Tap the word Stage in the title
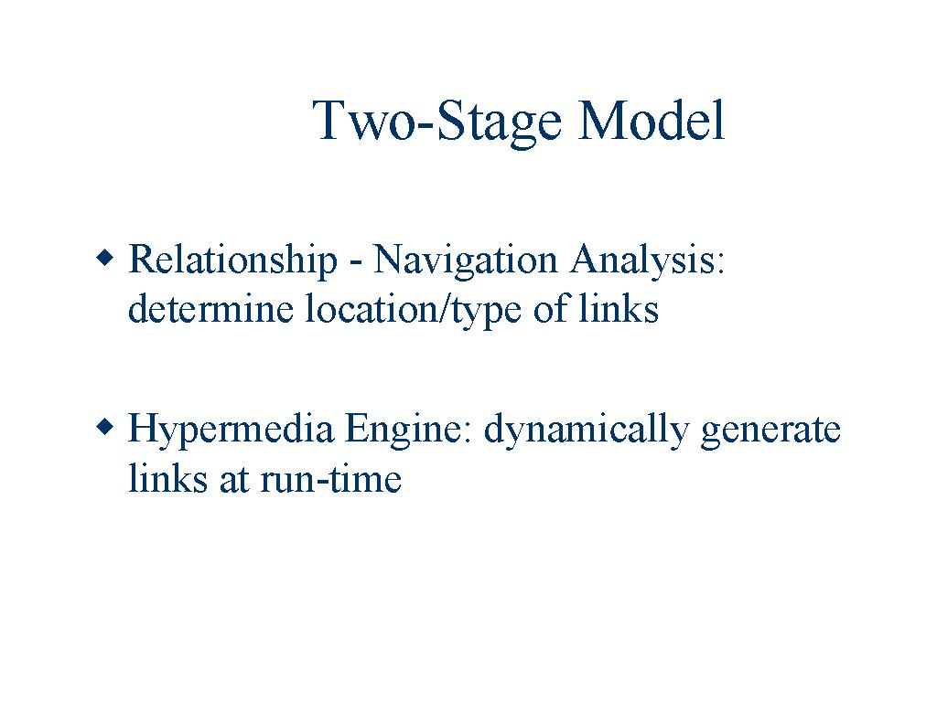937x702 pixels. coord(500,123)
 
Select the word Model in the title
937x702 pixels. coord(652,120)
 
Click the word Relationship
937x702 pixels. coord(232,261)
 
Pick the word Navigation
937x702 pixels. coord(466,261)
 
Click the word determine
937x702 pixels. coord(210,308)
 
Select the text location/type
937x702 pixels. coord(413,309)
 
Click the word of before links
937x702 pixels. coord(550,308)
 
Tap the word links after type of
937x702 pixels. coord(619,308)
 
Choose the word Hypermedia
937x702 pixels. coord(231,431)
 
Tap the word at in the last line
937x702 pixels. coord(234,481)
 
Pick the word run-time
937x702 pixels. coord(330,479)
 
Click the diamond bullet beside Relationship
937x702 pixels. coord(104,258)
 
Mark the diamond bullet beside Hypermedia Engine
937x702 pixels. coord(104,428)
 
